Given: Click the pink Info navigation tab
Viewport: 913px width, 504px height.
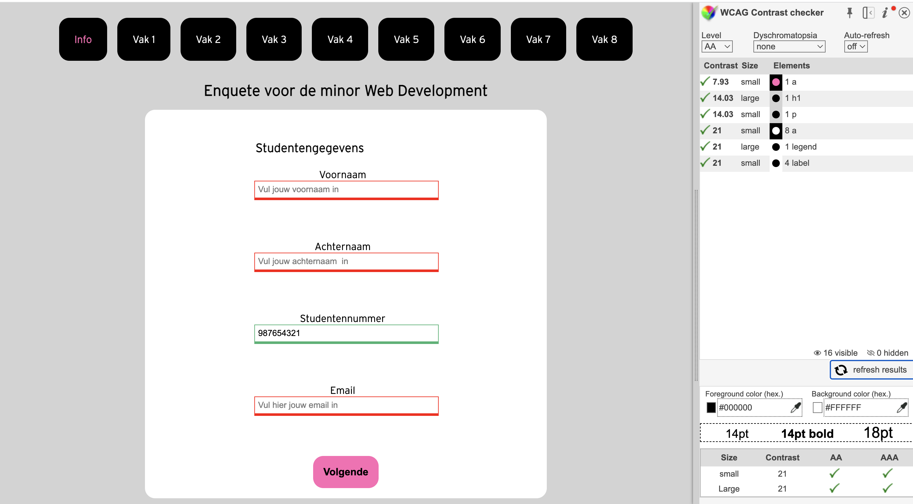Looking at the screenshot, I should click(x=83, y=39).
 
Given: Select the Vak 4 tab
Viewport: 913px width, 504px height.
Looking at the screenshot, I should click(x=340, y=39).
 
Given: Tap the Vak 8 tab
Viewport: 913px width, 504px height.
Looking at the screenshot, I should click(x=604, y=39).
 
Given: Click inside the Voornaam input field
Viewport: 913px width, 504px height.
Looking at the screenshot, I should click(x=346, y=190).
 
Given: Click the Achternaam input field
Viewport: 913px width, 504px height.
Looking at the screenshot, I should click(x=346, y=262).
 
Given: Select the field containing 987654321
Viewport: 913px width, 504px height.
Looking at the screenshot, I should click(x=346, y=333).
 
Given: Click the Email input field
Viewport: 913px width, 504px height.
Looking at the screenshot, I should click(x=346, y=405).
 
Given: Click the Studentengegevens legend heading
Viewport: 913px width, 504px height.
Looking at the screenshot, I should click(x=309, y=148).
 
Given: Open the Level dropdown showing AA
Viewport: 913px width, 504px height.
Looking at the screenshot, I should click(x=717, y=46).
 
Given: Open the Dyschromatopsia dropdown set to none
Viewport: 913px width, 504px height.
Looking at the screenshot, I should click(x=789, y=46).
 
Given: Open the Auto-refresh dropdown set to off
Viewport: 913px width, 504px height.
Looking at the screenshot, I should click(x=855, y=46).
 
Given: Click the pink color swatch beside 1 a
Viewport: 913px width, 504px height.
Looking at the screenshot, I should click(x=775, y=82).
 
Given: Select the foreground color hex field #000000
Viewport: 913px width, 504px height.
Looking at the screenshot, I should click(x=753, y=408).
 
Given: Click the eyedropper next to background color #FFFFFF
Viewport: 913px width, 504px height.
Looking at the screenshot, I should click(x=901, y=408).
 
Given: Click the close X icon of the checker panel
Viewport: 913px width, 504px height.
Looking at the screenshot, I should click(x=904, y=13).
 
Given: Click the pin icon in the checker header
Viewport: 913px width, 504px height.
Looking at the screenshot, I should click(x=849, y=13).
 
